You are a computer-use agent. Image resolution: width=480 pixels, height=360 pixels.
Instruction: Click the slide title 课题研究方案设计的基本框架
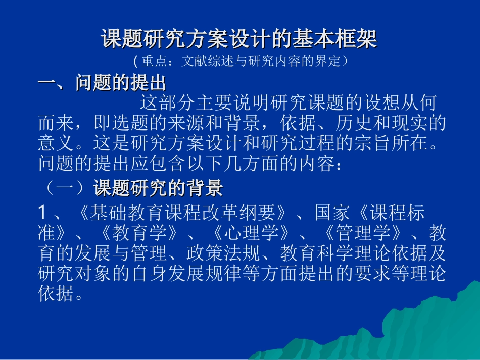point(239,39)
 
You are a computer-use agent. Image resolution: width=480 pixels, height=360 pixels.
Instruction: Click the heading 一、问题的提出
point(102,83)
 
